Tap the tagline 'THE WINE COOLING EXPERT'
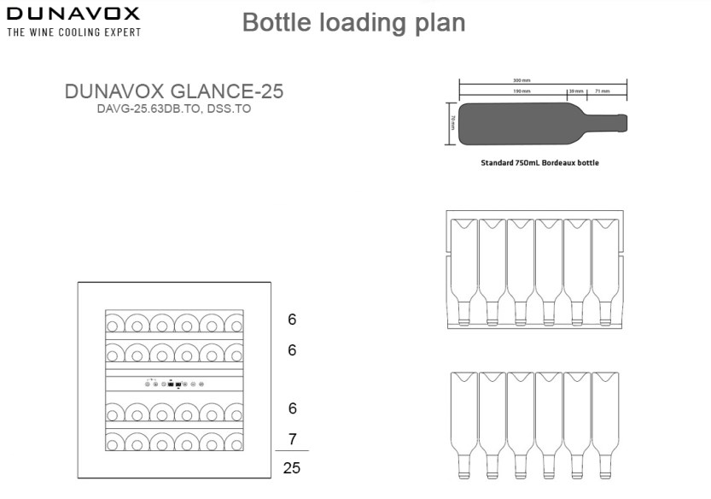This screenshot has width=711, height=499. [73, 32]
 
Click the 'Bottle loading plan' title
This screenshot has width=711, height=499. [353, 22]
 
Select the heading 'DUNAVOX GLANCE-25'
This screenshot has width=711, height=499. [174, 92]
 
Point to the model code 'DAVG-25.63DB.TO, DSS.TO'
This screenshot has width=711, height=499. [174, 109]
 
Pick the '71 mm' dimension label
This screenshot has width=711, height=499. [602, 90]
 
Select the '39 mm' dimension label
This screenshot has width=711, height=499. [577, 90]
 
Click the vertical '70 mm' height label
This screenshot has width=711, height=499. [452, 125]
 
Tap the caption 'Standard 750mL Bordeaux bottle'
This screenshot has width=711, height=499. [539, 162]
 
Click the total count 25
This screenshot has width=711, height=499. [292, 468]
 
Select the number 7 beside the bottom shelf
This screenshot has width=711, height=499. [292, 440]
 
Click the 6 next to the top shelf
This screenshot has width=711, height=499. [292, 320]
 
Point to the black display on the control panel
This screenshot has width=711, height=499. [173, 385]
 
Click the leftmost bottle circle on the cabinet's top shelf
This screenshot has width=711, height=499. [114, 323]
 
